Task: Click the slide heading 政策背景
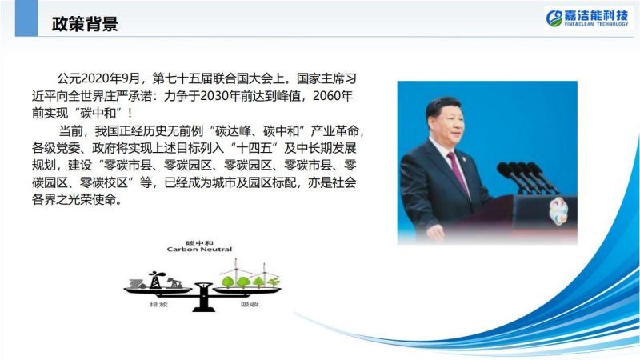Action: tap(85, 24)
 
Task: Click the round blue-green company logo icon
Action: tap(554, 18)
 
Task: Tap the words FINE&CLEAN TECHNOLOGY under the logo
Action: tap(596, 24)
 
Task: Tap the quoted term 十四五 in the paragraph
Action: tap(254, 148)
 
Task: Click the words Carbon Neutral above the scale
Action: tap(199, 249)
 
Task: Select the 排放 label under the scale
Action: tap(158, 305)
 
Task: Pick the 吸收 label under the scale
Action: tap(250, 305)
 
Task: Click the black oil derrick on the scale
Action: tap(154, 280)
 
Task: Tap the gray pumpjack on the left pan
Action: tap(174, 283)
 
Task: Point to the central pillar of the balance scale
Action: tap(203, 297)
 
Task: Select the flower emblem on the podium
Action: tap(558, 211)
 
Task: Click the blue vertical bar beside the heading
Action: tap(26, 18)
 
